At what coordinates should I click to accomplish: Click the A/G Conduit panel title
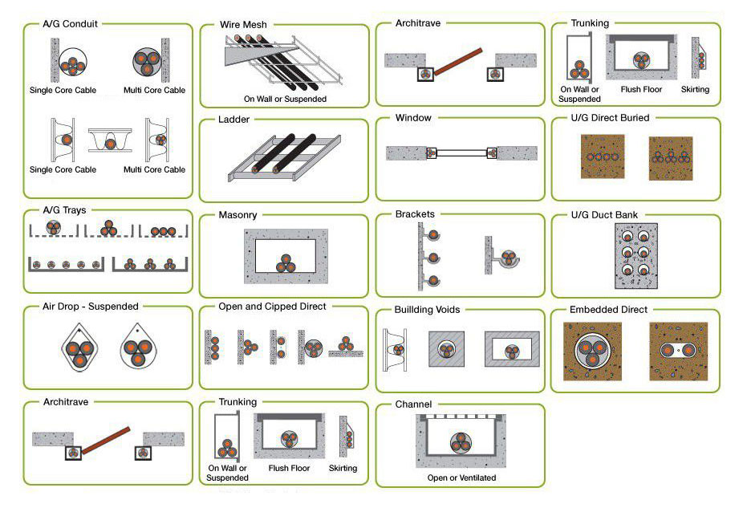click(70, 24)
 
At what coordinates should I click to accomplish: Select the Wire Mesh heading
click(243, 25)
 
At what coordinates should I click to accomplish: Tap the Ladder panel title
click(233, 120)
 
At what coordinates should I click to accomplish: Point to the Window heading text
click(413, 118)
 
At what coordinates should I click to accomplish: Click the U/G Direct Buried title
click(610, 118)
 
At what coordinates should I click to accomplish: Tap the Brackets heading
click(415, 214)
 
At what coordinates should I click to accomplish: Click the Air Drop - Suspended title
click(91, 306)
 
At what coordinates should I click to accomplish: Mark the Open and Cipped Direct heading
click(272, 307)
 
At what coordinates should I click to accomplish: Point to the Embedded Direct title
click(608, 309)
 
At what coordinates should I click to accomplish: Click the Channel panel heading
click(413, 404)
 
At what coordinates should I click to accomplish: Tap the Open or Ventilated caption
click(461, 478)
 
